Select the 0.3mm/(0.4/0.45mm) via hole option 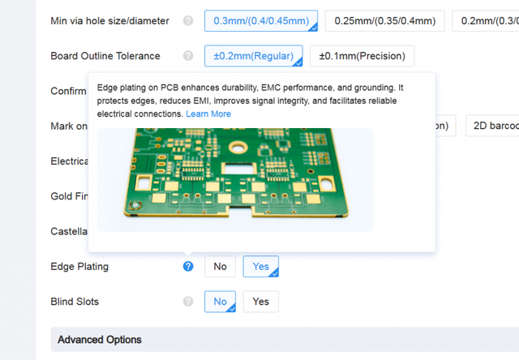coord(261,21)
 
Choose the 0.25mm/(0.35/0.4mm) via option coord(385,21)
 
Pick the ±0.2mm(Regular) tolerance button coord(254,56)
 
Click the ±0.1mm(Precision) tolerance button coord(362,56)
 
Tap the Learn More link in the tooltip coord(208,114)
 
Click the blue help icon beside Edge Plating coord(188,267)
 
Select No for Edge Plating coord(220,267)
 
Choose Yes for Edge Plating coord(261,267)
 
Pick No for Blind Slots coord(220,302)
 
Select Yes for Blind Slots coord(261,302)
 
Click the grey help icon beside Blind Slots coord(188,302)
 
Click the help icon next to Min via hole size coord(188,21)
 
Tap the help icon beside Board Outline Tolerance coord(188,56)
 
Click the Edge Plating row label coord(79,267)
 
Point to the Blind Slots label coord(75,302)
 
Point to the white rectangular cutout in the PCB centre coord(239,169)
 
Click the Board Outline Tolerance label coord(105,56)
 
